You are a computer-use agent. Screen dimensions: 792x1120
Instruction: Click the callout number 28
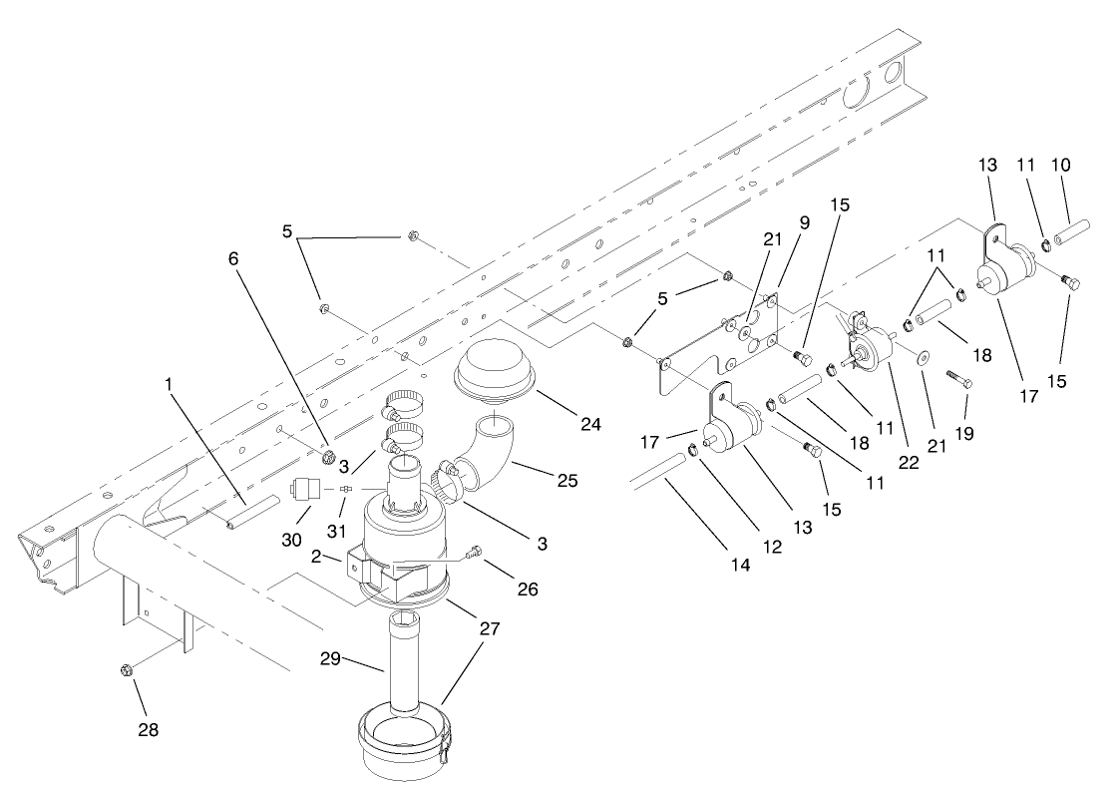148,729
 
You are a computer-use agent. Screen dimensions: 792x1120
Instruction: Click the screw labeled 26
479,551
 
